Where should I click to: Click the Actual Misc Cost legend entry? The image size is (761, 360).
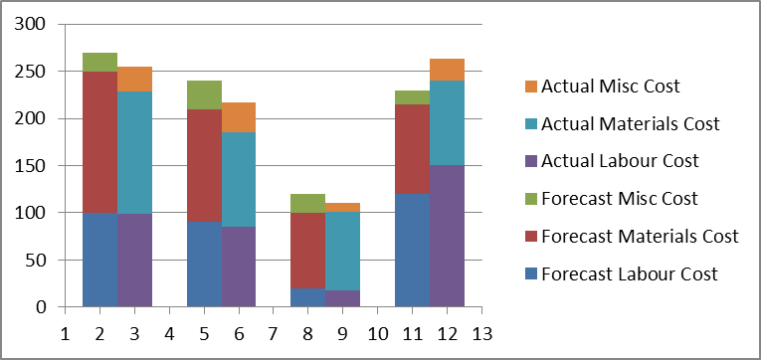pyautogui.click(x=610, y=87)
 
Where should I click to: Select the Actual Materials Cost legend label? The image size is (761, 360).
pyautogui.click(x=630, y=124)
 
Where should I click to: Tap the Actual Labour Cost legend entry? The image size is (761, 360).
pyautogui.click(x=621, y=161)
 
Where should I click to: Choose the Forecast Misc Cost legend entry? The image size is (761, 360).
pyautogui.click(x=621, y=199)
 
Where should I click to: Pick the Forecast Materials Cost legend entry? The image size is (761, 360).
pyautogui.click(x=640, y=237)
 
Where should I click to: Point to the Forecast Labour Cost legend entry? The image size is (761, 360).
pyautogui.click(x=630, y=274)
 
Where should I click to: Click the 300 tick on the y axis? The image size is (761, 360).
pyautogui.click(x=33, y=25)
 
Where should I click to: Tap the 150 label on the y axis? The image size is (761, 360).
pyautogui.click(x=33, y=166)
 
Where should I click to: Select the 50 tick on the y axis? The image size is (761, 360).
pyautogui.click(x=38, y=261)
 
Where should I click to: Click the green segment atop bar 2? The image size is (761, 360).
pyautogui.click(x=99, y=62)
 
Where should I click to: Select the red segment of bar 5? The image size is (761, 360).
pyautogui.click(x=204, y=165)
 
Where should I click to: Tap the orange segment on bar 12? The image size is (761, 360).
pyautogui.click(x=447, y=70)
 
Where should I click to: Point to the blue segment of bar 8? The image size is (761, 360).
pyautogui.click(x=308, y=297)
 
